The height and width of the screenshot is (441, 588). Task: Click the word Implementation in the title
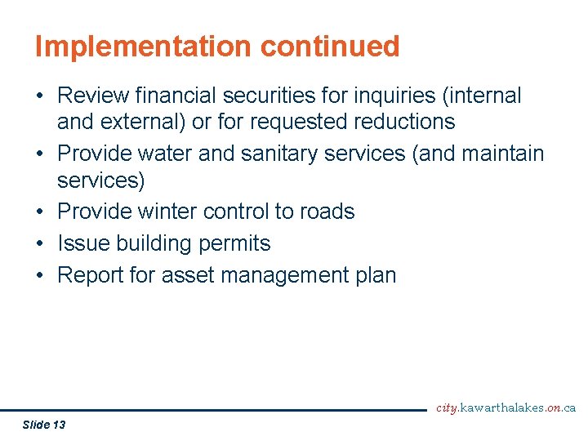(144, 47)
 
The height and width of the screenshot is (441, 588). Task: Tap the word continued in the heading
(330, 47)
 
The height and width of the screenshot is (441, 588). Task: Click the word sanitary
(308, 154)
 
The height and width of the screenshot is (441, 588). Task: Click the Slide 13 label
(44, 425)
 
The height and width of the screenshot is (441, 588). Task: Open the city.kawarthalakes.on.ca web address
(506, 408)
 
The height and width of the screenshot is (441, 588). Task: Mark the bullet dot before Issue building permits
(39, 243)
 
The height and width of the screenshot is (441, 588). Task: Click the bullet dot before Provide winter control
(39, 212)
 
